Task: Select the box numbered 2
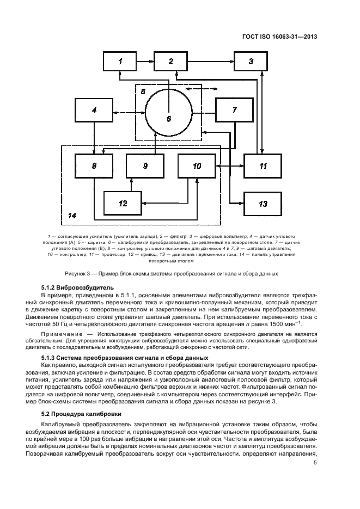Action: [x=171, y=62]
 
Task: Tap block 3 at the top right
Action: [x=251, y=62]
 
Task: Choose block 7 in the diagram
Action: [x=235, y=111]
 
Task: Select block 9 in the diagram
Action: [x=145, y=166]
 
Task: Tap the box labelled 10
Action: [x=197, y=166]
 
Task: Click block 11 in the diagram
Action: [x=263, y=166]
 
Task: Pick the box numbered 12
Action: [x=123, y=203]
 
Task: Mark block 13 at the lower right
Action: [x=263, y=203]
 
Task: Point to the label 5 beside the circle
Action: [x=143, y=92]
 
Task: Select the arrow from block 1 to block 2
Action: [x=147, y=62]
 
